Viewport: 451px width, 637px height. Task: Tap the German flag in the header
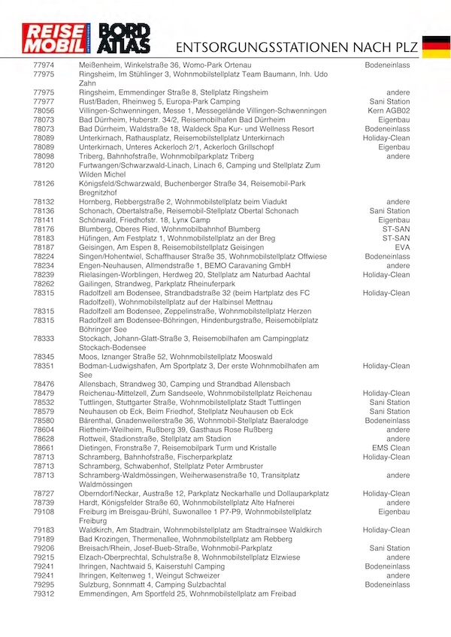(436, 46)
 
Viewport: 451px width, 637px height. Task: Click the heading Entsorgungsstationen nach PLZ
(294, 47)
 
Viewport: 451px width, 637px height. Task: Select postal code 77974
(44, 66)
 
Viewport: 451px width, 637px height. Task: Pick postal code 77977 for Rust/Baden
(44, 101)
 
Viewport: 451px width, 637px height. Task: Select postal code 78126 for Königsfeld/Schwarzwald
(44, 183)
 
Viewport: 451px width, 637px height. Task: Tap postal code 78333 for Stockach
(44, 339)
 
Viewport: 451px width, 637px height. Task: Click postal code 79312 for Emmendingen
(44, 594)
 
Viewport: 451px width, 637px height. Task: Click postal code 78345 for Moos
(44, 357)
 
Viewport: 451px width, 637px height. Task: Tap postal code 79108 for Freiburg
(44, 512)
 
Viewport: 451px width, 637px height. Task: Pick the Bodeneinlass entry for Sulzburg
(387, 585)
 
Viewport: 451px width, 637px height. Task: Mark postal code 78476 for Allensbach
(44, 385)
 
